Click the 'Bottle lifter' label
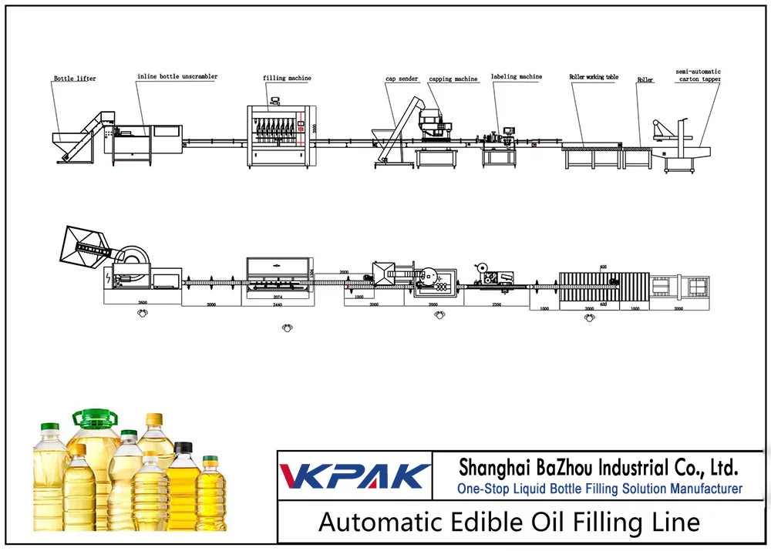pyautogui.click(x=75, y=79)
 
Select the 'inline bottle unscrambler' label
pyautogui.click(x=177, y=77)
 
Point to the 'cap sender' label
pyautogui.click(x=402, y=79)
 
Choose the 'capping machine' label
pyautogui.click(x=453, y=79)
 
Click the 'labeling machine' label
pyautogui.click(x=517, y=77)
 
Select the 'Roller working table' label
pyautogui.click(x=593, y=77)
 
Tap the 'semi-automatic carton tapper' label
pyautogui.click(x=698, y=76)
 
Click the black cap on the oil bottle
pyautogui.click(x=183, y=448)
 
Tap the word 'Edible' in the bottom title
pyautogui.click(x=471, y=522)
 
